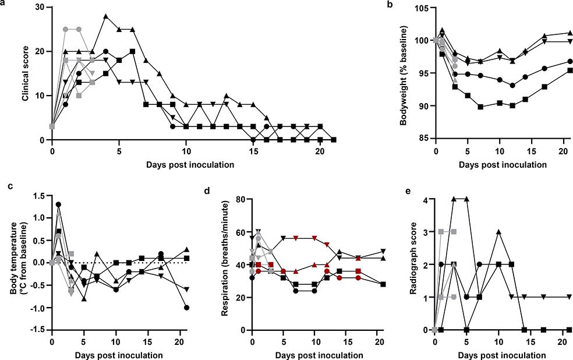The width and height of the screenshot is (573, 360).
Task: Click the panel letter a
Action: (x=3, y=3)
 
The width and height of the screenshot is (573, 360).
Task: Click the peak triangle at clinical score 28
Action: (x=106, y=16)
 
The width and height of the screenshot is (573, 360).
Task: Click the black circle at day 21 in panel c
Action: (x=187, y=308)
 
